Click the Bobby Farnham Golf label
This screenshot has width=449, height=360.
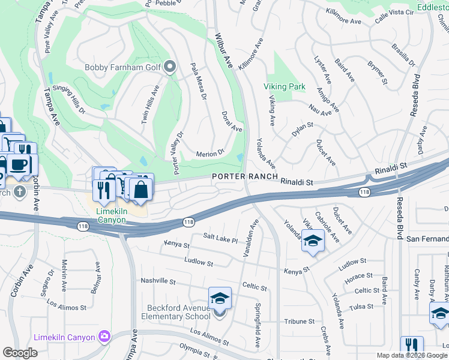coord(122,67)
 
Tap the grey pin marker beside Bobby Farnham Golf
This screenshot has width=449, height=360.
coord(170,67)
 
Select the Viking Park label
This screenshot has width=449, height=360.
coord(285,86)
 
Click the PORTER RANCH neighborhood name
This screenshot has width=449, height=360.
coord(244,176)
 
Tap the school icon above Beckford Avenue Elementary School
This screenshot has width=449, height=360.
coord(220,298)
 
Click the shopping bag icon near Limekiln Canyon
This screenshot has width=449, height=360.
coord(141,190)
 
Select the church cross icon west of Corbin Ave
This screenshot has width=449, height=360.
coord(19,192)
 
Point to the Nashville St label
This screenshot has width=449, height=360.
coord(157,281)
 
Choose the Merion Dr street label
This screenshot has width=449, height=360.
coord(210,154)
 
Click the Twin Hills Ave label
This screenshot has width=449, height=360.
coord(149,105)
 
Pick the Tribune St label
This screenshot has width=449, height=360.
coord(296,321)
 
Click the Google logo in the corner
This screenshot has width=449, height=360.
coord(20,352)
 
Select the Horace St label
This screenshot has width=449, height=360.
coord(358,276)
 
